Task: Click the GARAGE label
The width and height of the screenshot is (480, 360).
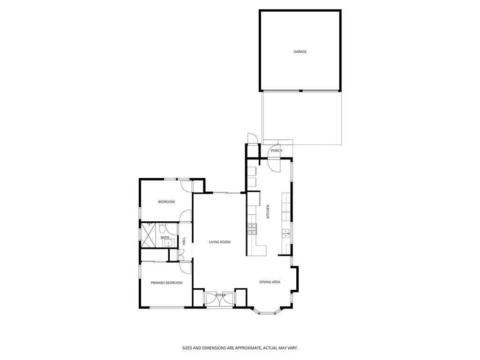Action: click(300, 52)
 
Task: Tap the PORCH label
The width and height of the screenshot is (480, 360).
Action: click(277, 150)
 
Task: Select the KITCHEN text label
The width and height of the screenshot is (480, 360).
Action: click(268, 211)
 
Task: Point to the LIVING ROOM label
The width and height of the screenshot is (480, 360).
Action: click(220, 242)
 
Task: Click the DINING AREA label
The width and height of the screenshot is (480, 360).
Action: click(270, 282)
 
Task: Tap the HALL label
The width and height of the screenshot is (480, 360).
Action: click(184, 241)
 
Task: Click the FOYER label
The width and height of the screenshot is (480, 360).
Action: click(220, 295)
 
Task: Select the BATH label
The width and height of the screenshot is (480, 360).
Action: click(165, 238)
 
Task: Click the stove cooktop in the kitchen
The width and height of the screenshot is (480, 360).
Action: click(252, 228)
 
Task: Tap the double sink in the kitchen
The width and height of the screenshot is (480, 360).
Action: click(285, 233)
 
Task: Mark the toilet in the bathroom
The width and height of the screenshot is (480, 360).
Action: click(162, 228)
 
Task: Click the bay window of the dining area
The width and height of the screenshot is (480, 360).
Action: click(267, 312)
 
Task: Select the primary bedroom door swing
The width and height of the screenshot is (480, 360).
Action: click(185, 267)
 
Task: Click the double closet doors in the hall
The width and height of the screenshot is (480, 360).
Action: click(180, 255)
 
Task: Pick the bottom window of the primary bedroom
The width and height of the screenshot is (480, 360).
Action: click(166, 307)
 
